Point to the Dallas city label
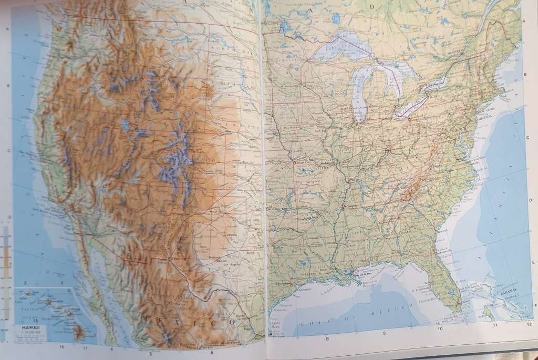(278, 247)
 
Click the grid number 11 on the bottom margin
(494, 326)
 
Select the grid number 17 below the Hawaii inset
(85, 347)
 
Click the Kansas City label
(305, 164)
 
